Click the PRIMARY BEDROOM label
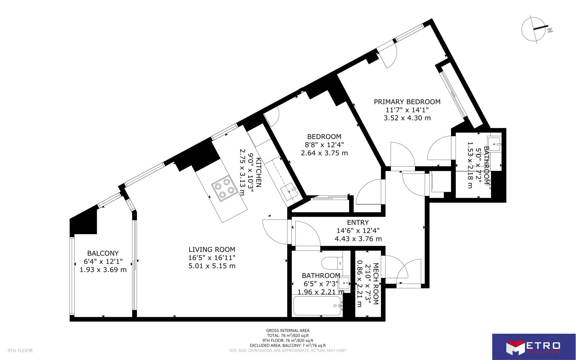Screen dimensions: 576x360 pyautogui.click(x=407, y=102)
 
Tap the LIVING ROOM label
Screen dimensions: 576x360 pyautogui.click(x=212, y=249)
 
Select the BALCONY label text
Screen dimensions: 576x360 pyautogui.click(x=103, y=253)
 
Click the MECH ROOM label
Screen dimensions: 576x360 pyautogui.click(x=376, y=284)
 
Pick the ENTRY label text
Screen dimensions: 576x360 pyautogui.click(x=358, y=222)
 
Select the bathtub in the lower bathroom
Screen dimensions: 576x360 pyautogui.click(x=317, y=306)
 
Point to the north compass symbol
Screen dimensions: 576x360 pyautogui.click(x=534, y=30)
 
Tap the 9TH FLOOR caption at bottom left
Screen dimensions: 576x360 pyautogui.click(x=20, y=351)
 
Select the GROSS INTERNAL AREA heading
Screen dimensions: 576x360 pyautogui.click(x=288, y=331)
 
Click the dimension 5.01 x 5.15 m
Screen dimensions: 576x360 pyautogui.click(x=212, y=266)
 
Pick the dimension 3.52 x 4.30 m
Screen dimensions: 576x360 pyautogui.click(x=407, y=118)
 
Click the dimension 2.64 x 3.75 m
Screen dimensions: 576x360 pyautogui.click(x=324, y=153)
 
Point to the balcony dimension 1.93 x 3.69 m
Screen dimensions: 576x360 pyautogui.click(x=103, y=270)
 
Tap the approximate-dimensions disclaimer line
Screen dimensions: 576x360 pyautogui.click(x=288, y=351)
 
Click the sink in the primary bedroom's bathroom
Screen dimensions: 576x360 pyautogui.click(x=494, y=143)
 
